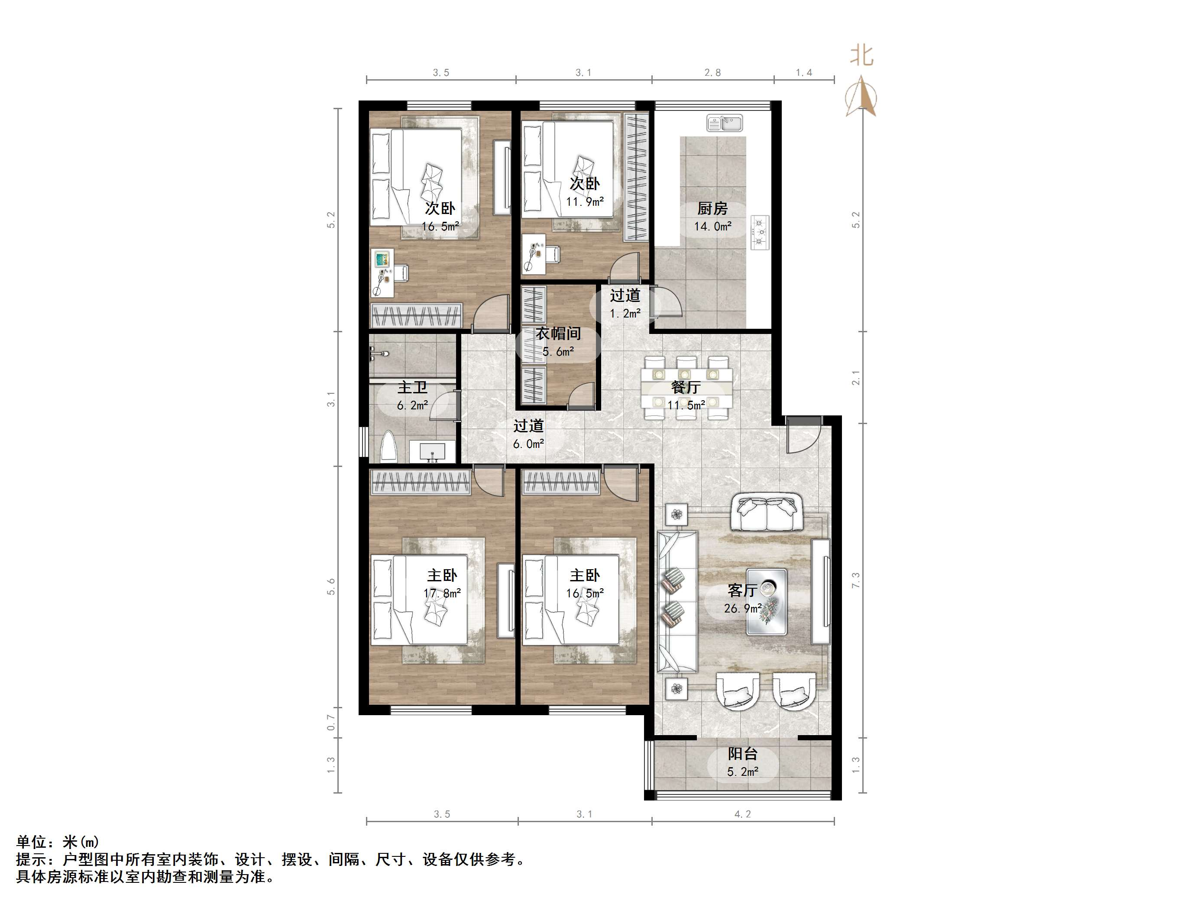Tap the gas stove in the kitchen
760,233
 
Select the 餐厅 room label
685,387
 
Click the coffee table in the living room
766,601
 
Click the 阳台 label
742,754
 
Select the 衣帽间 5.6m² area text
558,352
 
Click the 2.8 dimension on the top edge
712,73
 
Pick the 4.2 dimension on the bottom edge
742,814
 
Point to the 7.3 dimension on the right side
856,580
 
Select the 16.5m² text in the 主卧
585,593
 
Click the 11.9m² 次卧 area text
585,202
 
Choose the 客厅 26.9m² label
742,599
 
